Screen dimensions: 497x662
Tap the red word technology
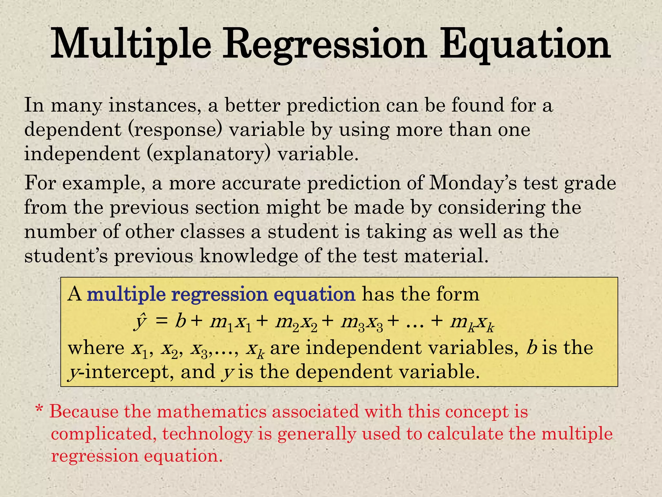click(x=207, y=434)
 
